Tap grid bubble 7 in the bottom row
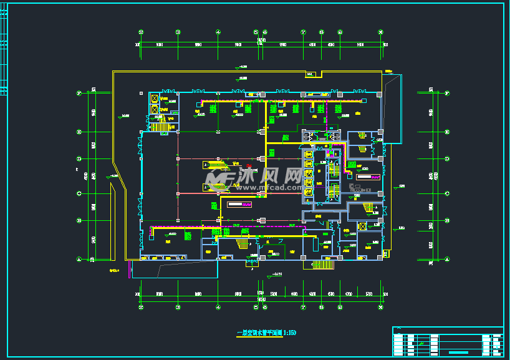coord(304,307)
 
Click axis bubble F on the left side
coord(79,94)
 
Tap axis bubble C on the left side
coord(79,193)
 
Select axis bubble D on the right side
coord(448,158)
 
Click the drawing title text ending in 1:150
coord(261,333)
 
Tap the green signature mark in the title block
coord(422,344)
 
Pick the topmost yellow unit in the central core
coord(308,154)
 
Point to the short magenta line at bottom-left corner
coord(130,269)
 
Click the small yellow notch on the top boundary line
coord(310,75)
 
